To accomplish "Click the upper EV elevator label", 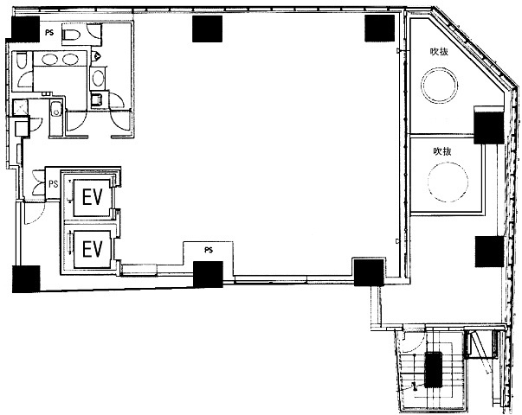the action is click(x=93, y=197).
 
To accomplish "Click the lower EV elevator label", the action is click(x=93, y=249).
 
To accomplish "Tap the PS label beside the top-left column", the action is click(x=49, y=33).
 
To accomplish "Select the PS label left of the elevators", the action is click(x=54, y=183).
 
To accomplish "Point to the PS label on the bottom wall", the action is click(x=209, y=250).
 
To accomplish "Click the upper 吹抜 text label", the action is click(x=439, y=52).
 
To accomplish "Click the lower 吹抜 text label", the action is click(x=442, y=151).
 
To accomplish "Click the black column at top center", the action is click(x=208, y=29).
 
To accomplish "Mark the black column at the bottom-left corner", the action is click(x=26, y=279).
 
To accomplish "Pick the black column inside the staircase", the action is click(x=433, y=370).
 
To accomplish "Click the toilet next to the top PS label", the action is click(x=71, y=35).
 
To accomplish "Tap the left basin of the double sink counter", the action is click(x=49, y=59).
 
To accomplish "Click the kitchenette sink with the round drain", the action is click(x=56, y=110).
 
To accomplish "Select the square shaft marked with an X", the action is click(x=20, y=107).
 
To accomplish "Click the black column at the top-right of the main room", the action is click(x=379, y=29).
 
